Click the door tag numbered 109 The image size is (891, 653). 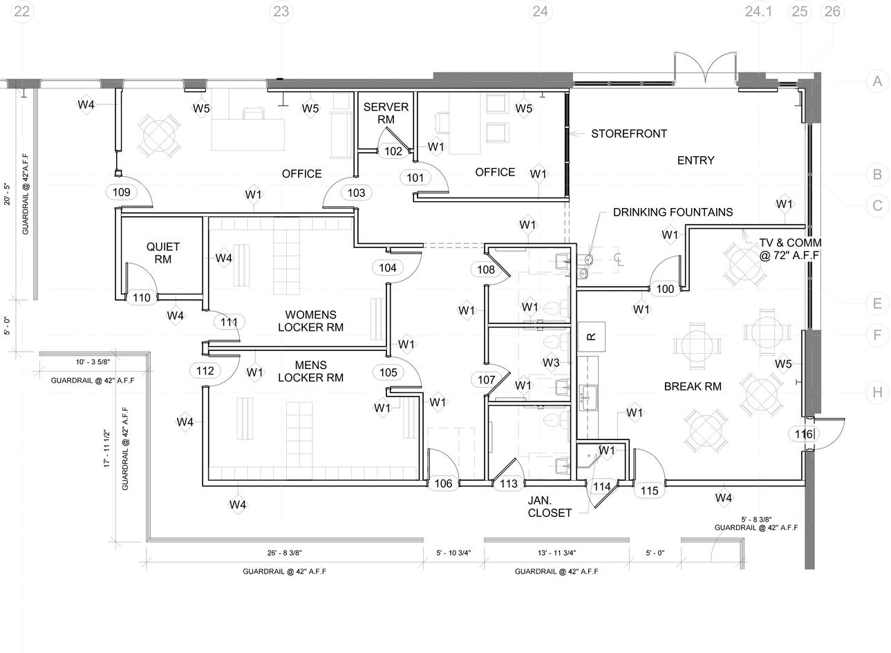(122, 193)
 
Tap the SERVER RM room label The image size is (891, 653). (386, 113)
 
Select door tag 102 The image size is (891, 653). (393, 151)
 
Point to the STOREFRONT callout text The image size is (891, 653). (629, 133)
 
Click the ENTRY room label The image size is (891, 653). (695, 160)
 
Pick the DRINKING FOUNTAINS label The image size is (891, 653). (673, 212)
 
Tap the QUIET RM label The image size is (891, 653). (162, 253)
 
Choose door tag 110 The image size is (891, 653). (142, 298)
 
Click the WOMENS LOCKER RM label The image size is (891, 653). (310, 321)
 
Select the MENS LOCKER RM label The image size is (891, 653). (310, 372)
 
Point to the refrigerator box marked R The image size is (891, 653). (592, 337)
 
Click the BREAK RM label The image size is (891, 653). (693, 386)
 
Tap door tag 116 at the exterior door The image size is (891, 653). (804, 434)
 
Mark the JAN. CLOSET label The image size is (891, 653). (550, 507)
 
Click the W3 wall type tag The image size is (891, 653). (551, 363)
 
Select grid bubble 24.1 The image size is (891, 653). (758, 12)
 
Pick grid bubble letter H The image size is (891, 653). (877, 392)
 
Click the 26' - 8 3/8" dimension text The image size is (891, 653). (284, 553)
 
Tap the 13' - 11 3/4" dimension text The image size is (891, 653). (556, 553)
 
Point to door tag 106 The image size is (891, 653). (443, 484)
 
